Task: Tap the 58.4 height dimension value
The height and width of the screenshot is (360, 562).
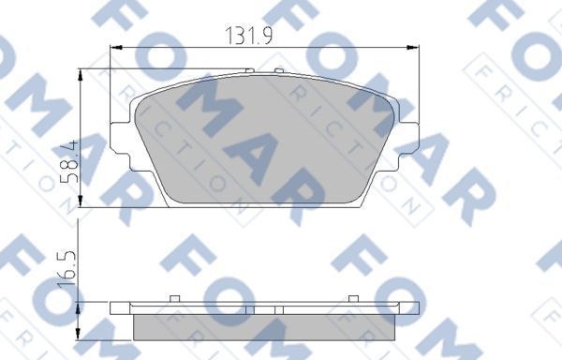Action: (x=67, y=165)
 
